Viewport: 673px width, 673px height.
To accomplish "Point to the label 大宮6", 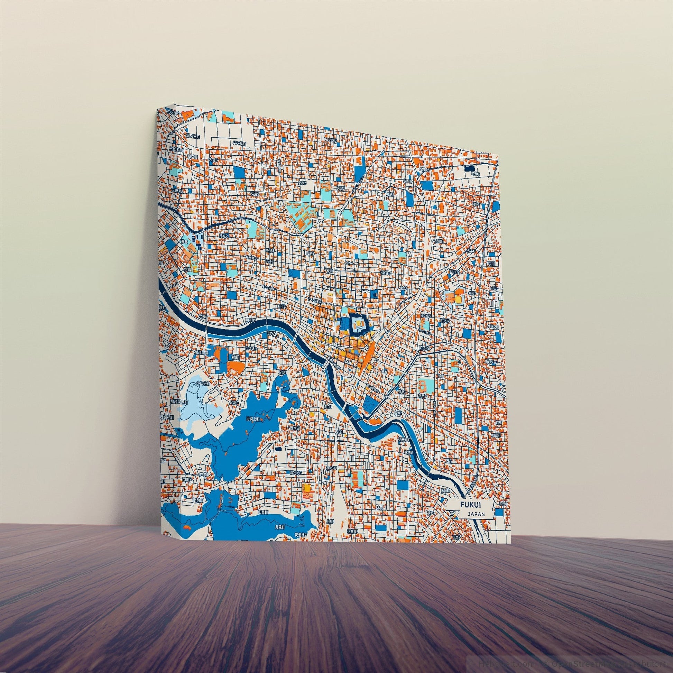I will coord(213,160).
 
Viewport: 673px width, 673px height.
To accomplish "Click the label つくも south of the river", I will coord(272,334).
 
